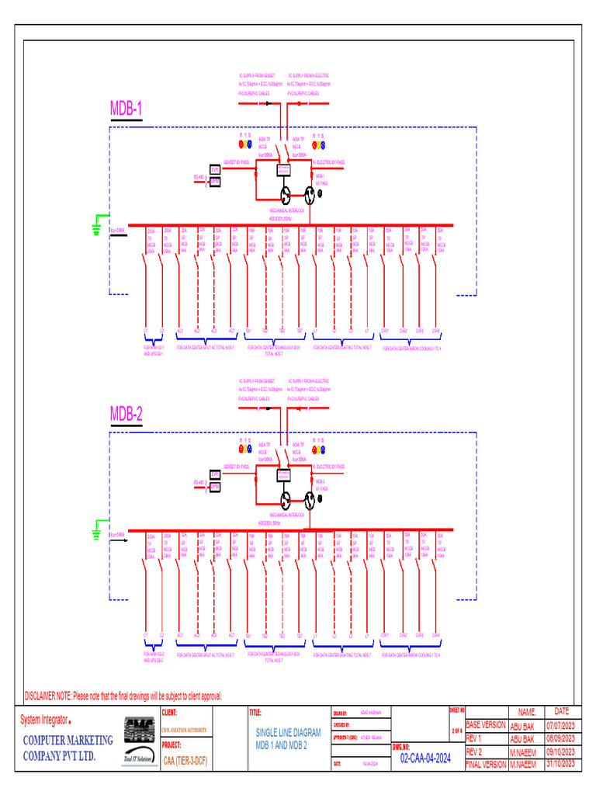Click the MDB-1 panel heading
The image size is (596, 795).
[126, 109]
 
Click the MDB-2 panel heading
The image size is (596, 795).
[126, 414]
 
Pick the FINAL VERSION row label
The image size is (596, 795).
[486, 764]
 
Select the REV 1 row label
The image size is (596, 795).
[474, 738]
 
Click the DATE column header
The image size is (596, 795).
[561, 711]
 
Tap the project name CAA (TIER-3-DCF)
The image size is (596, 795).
[185, 759]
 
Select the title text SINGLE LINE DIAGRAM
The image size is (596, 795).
[288, 733]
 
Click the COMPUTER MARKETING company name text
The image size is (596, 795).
[67, 740]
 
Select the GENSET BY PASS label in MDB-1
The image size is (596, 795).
[236, 162]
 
